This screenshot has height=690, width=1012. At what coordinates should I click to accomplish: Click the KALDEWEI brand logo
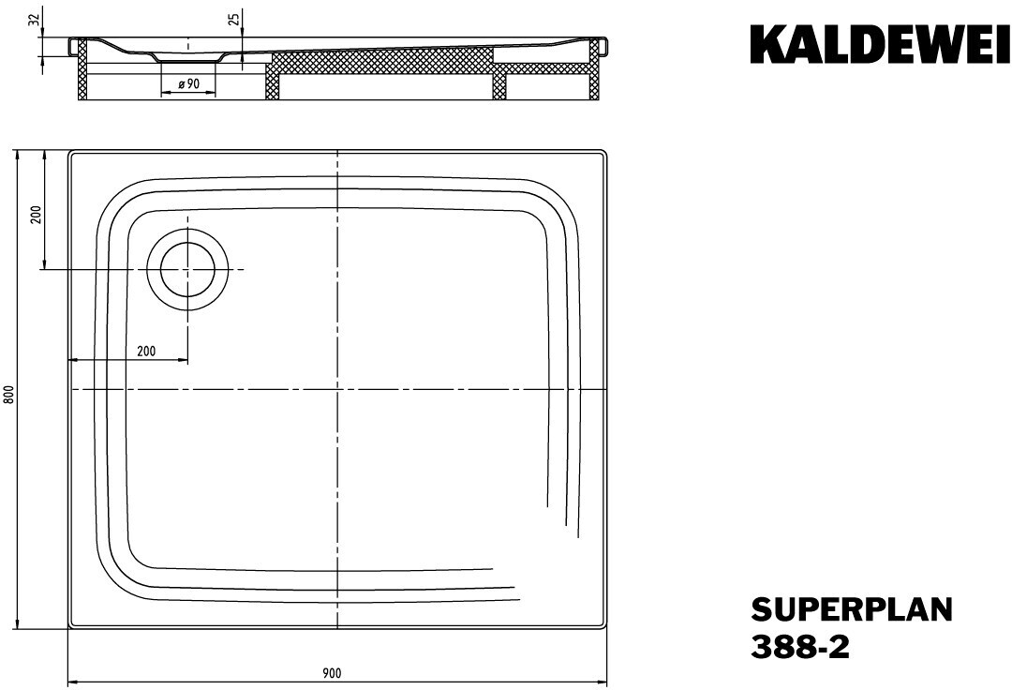(880, 45)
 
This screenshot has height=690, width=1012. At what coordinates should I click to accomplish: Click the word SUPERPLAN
(851, 609)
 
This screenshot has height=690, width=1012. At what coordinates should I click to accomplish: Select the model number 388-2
(800, 646)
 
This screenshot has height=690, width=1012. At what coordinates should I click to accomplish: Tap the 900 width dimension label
(331, 674)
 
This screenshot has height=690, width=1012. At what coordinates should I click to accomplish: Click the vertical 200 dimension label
(37, 214)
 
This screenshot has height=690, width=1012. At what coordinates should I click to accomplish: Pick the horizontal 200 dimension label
(146, 352)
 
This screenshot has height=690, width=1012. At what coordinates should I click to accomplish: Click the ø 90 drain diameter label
(187, 84)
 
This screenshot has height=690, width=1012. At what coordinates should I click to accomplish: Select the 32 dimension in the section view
(34, 20)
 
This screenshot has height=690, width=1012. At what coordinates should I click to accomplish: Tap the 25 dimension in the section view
(235, 20)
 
